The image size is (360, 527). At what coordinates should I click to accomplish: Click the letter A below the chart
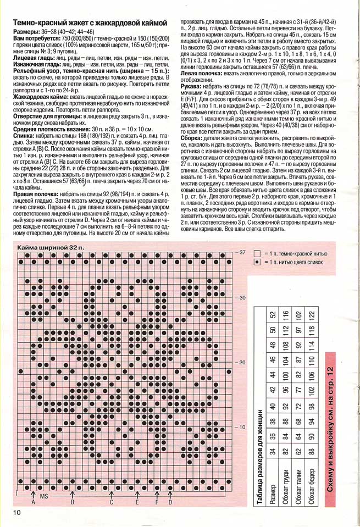[33, 502]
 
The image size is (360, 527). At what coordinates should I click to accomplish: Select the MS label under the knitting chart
[45, 496]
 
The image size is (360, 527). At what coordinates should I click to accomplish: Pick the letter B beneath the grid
[72, 502]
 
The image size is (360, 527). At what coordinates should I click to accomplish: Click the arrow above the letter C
[111, 494]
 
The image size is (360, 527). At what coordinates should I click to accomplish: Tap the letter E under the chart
[137, 502]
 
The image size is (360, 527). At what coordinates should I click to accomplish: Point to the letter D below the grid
[170, 502]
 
